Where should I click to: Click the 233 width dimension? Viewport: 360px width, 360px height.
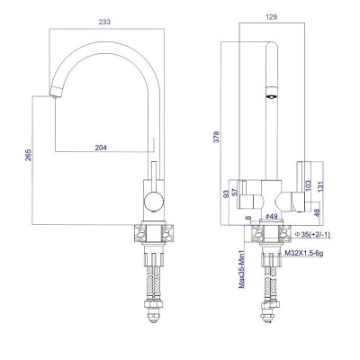coord(104,22)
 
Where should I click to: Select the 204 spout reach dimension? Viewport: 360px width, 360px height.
coord(101,148)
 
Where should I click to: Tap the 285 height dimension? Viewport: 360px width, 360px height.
coord(28,155)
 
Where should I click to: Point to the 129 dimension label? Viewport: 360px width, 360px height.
coord(272,17)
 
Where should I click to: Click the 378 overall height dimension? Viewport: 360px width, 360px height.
coord(217,137)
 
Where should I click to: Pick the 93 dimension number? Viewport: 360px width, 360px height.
coord(227,193)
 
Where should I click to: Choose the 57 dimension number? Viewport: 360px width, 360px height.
coord(235,193)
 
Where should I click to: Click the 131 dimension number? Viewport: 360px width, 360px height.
coord(321,186)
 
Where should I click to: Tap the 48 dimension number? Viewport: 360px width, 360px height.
coord(317,212)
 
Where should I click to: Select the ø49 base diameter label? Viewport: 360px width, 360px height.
coord(271,216)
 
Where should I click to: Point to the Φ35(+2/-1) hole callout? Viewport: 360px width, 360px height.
coord(312,235)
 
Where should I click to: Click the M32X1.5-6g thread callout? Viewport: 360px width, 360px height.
coord(304,254)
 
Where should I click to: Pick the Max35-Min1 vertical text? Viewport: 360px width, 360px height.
coord(242,269)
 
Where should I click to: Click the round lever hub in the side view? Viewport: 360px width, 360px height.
coord(154,202)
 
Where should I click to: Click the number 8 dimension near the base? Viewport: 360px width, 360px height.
coord(247,218)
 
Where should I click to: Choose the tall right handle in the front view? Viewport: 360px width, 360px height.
coord(301,186)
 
